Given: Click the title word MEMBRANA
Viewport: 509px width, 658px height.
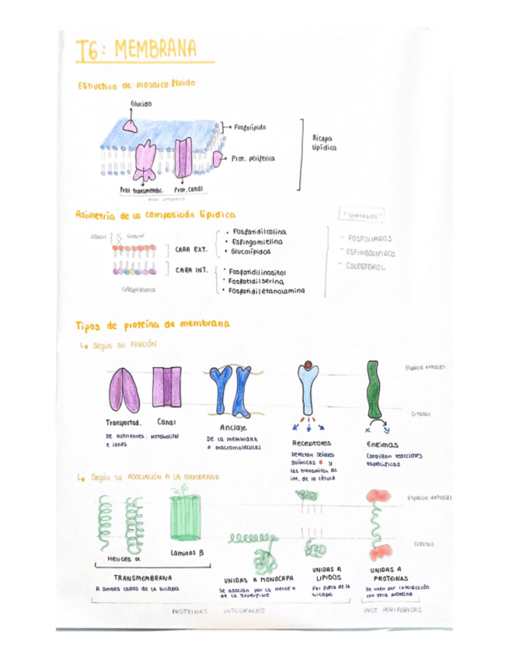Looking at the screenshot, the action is (155, 50).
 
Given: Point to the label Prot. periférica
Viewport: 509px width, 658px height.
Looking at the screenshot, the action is (253, 158).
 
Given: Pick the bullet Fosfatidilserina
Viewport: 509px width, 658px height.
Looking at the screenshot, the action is (258, 282).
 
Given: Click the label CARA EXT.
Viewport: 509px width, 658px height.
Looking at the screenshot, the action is (190, 249).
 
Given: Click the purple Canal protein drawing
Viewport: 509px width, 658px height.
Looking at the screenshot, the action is (169, 387).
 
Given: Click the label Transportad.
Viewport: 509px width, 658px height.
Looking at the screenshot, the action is (122, 423).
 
